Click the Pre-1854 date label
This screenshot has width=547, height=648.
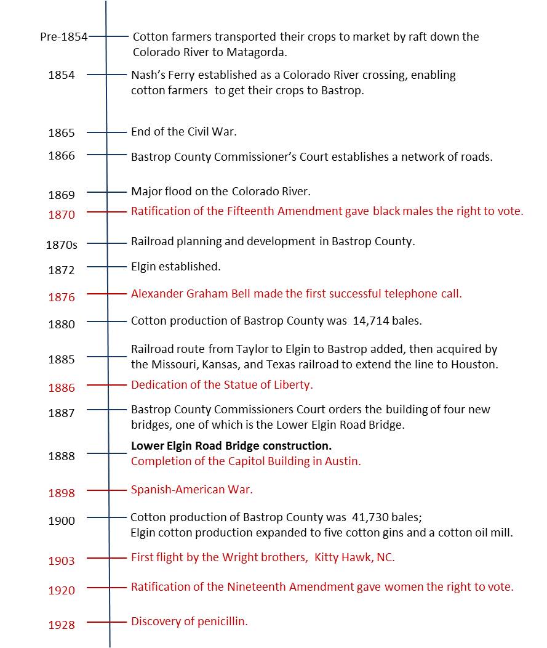[x=63, y=37]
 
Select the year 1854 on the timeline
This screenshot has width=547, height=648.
[x=62, y=75]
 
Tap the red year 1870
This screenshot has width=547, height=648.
[x=62, y=215]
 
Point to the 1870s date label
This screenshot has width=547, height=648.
[x=62, y=245]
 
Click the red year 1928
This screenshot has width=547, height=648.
[x=62, y=625]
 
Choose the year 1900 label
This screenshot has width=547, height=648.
[x=62, y=521]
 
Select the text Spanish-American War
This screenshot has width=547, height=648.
[x=192, y=490]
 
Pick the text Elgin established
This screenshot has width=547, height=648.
[x=176, y=267]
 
